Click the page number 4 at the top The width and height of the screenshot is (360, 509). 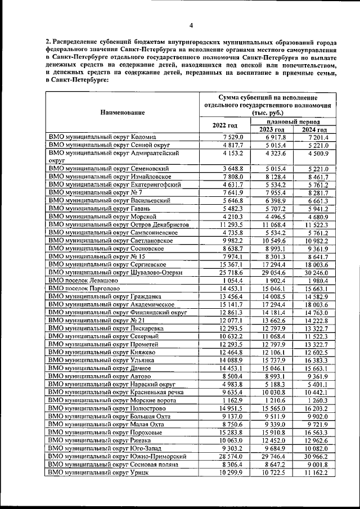tap(191, 25)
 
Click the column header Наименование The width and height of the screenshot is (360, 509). tap(122, 112)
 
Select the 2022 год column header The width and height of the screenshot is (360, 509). tap(225, 125)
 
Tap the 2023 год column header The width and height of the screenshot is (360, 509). tap(272, 130)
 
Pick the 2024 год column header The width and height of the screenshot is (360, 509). tap(314, 130)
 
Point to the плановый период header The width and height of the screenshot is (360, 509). tap(293, 121)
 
